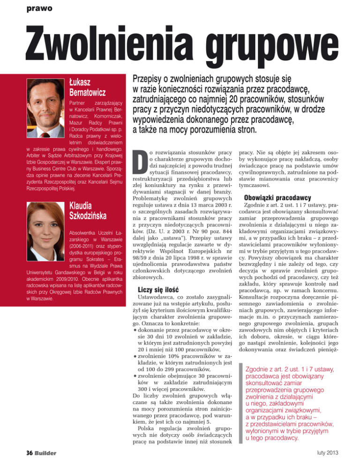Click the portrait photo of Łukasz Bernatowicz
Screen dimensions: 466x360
(x=41, y=100)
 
